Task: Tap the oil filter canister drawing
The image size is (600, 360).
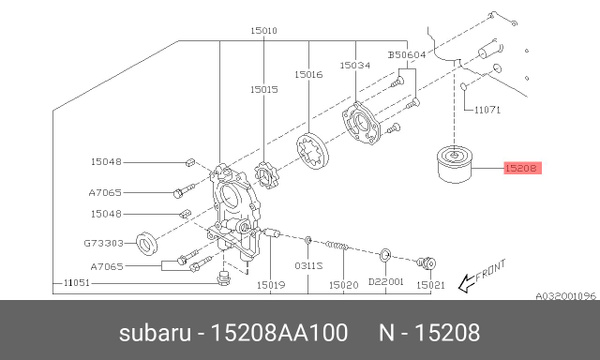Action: click(458, 171)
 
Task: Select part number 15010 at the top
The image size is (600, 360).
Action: click(264, 31)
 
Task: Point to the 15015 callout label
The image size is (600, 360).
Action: click(264, 89)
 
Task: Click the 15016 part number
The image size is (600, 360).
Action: click(308, 74)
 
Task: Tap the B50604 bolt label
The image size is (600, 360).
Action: click(406, 55)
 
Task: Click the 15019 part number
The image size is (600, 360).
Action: click(271, 285)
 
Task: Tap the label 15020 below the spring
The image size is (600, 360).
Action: click(343, 285)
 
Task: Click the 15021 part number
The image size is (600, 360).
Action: click(430, 285)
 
